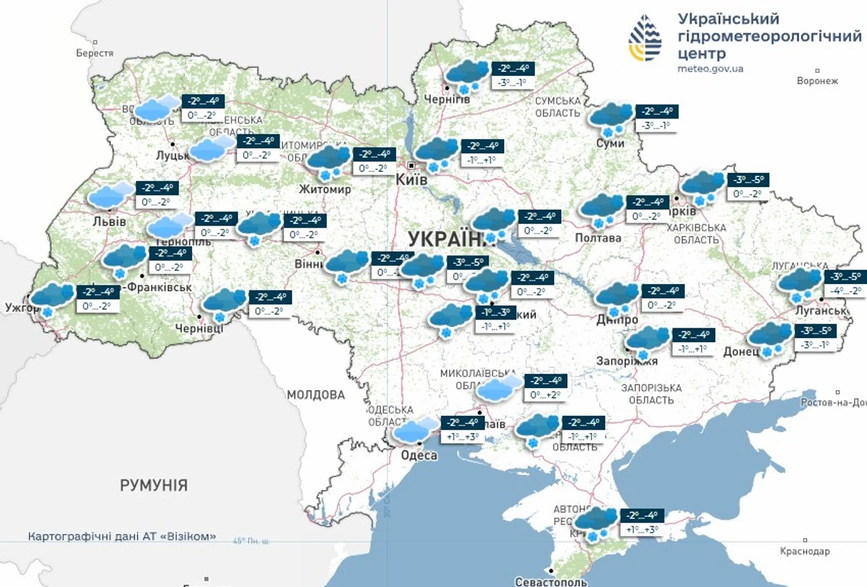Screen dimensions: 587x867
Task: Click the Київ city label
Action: [x=412, y=179]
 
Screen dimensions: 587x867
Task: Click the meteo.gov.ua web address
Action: [x=710, y=69]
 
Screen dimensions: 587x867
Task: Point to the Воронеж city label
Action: [x=817, y=81]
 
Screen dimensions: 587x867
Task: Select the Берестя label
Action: [x=95, y=53]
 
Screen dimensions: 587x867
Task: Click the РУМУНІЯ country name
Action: [x=153, y=485]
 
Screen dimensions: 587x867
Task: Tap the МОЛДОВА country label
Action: [x=316, y=395]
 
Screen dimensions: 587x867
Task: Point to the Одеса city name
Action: [x=418, y=455]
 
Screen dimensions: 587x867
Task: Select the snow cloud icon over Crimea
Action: [x=597, y=523]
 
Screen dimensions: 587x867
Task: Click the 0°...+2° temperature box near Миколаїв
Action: [x=545, y=395]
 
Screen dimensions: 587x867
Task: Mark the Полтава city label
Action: [x=598, y=238]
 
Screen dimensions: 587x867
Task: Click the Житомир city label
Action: [x=325, y=189]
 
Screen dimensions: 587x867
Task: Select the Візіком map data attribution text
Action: [x=122, y=536]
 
